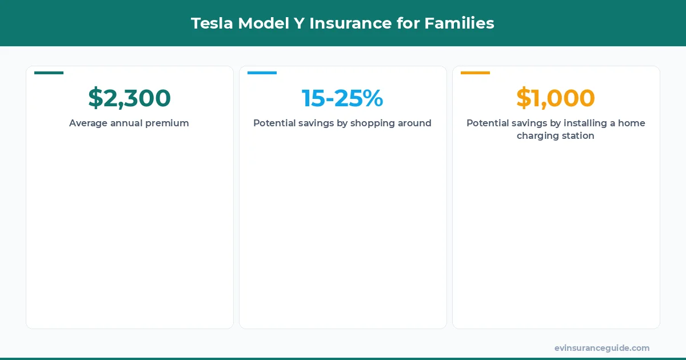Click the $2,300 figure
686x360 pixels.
click(129, 98)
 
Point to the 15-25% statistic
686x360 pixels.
click(342, 98)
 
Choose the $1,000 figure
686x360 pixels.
click(556, 98)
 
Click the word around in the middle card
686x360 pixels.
click(414, 123)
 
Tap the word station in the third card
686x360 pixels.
click(578, 137)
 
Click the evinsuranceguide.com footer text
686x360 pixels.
click(601, 348)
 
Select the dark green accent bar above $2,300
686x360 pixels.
click(49, 73)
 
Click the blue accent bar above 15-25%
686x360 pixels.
click(262, 73)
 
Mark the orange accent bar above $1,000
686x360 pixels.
click(475, 73)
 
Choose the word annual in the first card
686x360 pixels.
click(123, 123)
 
